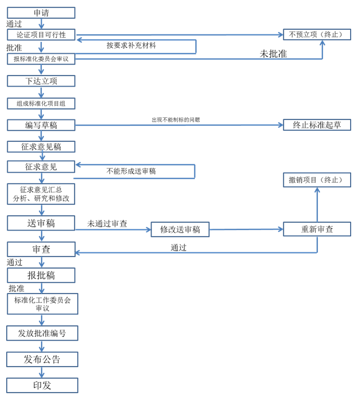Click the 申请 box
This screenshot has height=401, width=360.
tap(41, 13)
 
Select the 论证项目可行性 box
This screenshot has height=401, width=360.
tap(41, 34)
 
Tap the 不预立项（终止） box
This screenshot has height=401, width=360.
tap(317, 34)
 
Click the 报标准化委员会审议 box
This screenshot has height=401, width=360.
tap(41, 59)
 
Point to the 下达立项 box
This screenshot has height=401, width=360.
tap(41, 81)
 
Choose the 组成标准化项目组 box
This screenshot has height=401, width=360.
tap(41, 104)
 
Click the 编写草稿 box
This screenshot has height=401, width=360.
tap(41, 125)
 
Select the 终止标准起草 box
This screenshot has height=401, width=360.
tap(317, 125)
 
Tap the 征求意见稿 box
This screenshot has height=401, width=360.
tap(41, 147)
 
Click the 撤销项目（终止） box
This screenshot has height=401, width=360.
tap(317, 180)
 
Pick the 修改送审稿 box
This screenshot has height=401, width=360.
tap(180, 229)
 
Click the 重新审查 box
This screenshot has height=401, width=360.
tap(317, 229)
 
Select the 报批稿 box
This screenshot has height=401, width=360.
tap(41, 275)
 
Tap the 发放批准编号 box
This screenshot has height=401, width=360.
tap(42, 333)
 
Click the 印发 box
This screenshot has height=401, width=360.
tap(42, 385)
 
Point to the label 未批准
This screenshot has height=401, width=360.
tap(273, 54)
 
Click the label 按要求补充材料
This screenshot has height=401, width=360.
tap(131, 45)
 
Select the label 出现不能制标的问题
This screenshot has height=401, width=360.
tap(176, 120)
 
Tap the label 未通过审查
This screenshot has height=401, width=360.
tap(107, 224)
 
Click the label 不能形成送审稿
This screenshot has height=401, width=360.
tap(131, 171)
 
